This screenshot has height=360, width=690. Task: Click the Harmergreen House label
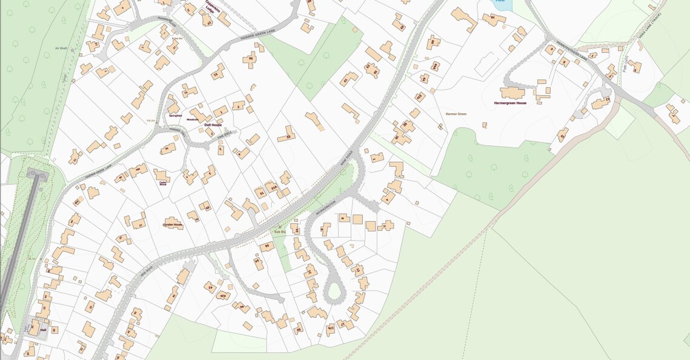(509, 103)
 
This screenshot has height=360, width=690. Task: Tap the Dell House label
(213, 125)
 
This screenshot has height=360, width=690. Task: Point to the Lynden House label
(172, 225)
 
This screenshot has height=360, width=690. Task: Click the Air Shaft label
(61, 48)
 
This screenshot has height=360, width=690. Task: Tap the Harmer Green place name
(456, 114)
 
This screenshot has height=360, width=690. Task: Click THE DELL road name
(224, 136)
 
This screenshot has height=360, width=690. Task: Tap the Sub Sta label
(279, 232)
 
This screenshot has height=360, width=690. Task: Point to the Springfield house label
(174, 115)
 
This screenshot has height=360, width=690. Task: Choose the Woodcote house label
(193, 119)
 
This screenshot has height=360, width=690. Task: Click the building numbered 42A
(224, 295)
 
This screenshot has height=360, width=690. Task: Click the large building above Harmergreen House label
(512, 93)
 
